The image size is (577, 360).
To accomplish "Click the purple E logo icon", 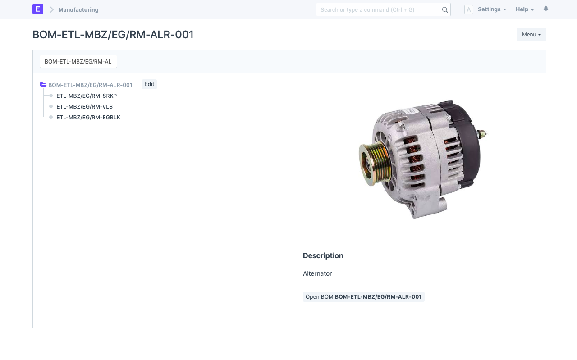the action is pyautogui.click(x=37, y=9).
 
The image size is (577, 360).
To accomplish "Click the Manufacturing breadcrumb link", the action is pyautogui.click(x=78, y=10).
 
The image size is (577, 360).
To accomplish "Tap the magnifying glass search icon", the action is pyautogui.click(x=445, y=10).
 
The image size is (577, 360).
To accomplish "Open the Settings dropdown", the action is pyautogui.click(x=492, y=9).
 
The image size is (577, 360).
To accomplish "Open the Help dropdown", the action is pyautogui.click(x=525, y=9).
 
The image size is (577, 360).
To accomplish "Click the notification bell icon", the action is pyautogui.click(x=546, y=9).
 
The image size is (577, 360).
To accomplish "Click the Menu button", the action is pyautogui.click(x=531, y=35).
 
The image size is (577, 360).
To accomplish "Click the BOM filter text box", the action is pyautogui.click(x=78, y=61).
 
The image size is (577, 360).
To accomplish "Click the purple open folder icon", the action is pyautogui.click(x=43, y=84).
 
